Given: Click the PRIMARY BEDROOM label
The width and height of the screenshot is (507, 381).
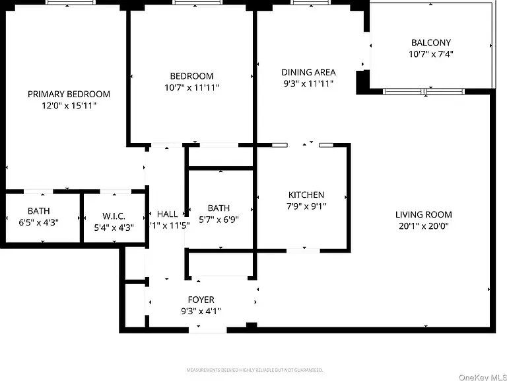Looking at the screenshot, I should click(69, 94).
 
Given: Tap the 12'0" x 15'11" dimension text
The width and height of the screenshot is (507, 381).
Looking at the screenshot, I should click(69, 105).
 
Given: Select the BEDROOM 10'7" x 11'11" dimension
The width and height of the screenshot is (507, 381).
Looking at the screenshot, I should click(191, 87).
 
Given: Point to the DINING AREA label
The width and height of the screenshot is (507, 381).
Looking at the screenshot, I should click(308, 72).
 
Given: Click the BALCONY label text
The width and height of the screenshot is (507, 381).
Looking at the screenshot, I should click(431, 43).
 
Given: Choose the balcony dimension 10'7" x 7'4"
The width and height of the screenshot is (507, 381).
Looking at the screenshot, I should click(431, 54).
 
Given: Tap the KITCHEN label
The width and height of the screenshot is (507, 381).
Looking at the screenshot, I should click(306, 194).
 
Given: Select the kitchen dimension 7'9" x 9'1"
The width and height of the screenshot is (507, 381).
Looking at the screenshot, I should click(306, 206).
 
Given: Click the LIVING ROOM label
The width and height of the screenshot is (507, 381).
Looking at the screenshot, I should click(424, 214).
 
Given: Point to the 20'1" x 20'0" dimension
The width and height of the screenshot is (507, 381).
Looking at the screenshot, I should click(424, 226).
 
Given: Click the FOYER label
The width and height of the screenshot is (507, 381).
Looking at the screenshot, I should click(201, 300).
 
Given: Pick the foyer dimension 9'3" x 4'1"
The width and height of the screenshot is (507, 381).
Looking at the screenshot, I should click(201, 311).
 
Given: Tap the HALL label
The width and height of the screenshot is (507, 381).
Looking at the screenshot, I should click(167, 214).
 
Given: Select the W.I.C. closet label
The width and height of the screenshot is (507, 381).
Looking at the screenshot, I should click(114, 216).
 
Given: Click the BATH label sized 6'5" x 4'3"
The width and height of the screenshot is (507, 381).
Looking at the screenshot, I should click(38, 211).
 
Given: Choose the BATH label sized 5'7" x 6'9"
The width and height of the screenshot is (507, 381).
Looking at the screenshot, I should click(219, 208).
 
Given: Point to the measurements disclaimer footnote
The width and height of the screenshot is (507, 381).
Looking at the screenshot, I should click(254, 370).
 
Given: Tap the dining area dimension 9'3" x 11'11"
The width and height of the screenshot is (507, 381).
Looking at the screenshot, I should click(308, 83).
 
